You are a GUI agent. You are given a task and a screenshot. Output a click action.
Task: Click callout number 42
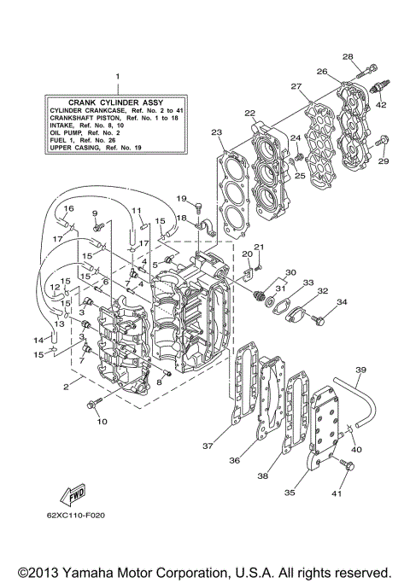click(x=381, y=104)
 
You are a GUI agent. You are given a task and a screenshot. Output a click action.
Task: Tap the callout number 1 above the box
click(x=119, y=77)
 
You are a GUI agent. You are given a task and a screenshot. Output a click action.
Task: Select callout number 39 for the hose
click(x=360, y=369)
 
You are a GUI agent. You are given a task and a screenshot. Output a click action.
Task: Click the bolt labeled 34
click(x=319, y=321)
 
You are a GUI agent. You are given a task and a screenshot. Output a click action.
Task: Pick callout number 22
click(x=249, y=113)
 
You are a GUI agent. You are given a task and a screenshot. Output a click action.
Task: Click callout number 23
click(x=217, y=132)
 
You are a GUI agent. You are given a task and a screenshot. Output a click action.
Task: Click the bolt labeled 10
click(x=93, y=405)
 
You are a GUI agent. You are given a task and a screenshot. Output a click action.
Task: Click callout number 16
click(x=68, y=208)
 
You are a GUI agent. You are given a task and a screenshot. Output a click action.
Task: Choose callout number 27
click(x=296, y=86)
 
